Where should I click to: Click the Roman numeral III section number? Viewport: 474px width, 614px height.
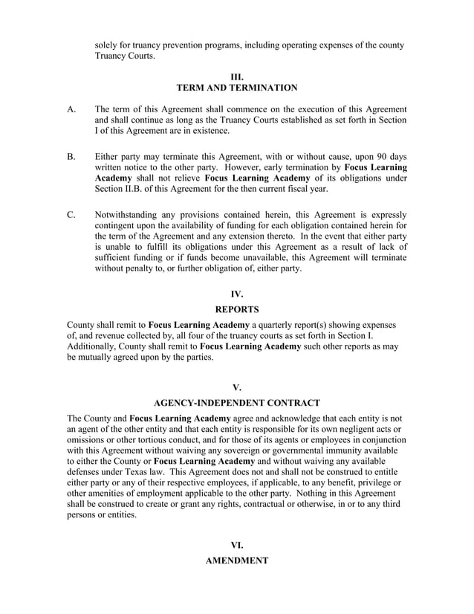[236, 76]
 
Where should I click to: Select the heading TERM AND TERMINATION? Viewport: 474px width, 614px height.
[236, 88]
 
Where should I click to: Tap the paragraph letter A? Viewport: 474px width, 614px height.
[71, 109]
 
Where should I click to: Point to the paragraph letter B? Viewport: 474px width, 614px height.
[71, 157]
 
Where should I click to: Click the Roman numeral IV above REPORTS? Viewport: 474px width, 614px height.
[236, 294]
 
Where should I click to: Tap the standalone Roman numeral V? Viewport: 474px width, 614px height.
[236, 387]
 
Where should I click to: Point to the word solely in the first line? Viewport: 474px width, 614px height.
[108, 45]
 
